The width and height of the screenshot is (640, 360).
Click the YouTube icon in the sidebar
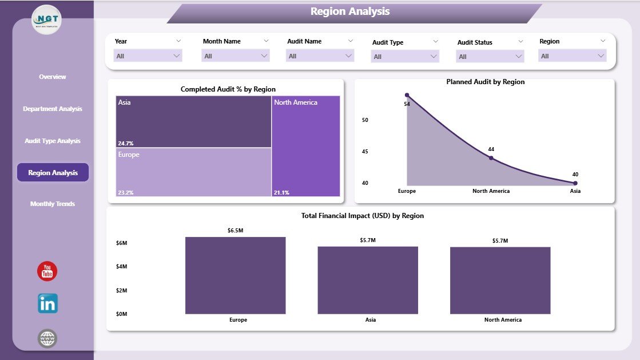47,271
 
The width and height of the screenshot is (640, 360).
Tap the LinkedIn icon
47,303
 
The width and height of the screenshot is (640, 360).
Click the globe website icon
47,338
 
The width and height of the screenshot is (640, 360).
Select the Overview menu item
53,77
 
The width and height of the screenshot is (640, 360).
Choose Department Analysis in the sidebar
53,109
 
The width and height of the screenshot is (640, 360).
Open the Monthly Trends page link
53,204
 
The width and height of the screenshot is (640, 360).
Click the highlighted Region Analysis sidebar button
53,172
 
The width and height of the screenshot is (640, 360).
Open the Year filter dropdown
149,56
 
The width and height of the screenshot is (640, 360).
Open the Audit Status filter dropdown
490,56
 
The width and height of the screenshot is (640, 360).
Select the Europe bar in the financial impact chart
235,275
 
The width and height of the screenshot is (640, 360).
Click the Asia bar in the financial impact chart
368,280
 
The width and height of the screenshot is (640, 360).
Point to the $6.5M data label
235,230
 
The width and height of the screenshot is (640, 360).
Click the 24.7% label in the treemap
126,143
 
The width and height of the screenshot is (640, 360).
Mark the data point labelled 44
491,158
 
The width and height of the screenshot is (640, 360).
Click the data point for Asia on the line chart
575,183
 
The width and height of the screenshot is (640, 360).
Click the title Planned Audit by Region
485,82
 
